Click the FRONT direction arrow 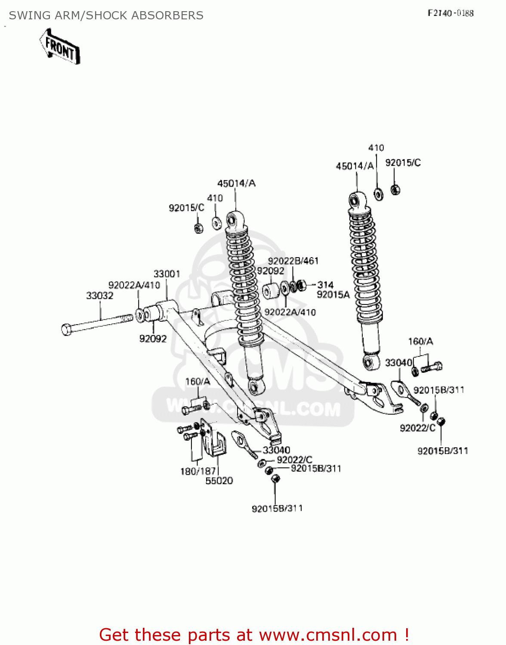tap(60, 46)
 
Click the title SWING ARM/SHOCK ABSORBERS tap(106, 15)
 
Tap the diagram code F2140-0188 tap(450, 13)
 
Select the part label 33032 tap(100, 296)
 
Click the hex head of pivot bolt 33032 tap(67, 330)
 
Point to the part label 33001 tap(167, 274)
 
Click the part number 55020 tap(219, 481)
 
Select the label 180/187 tap(197, 471)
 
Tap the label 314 tap(325, 285)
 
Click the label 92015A tap(333, 295)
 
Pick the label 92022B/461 tap(293, 261)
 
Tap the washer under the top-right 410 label tap(379, 194)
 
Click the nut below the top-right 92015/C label tap(395, 189)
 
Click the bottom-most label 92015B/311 tap(277, 508)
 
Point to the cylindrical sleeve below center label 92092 tap(271, 291)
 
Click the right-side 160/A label tap(420, 341)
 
